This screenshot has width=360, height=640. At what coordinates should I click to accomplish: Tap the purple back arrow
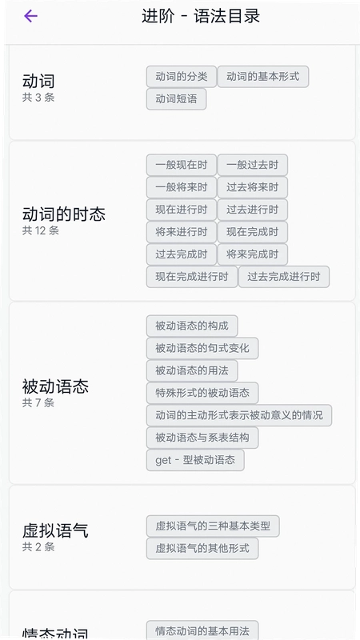[x=30, y=16]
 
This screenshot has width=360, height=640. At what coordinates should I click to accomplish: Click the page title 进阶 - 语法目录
[x=201, y=16]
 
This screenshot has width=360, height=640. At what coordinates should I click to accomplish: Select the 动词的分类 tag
[x=182, y=76]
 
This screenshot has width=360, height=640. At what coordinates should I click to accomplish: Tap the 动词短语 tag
[x=176, y=98]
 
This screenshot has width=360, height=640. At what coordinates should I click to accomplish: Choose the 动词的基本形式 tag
[x=263, y=76]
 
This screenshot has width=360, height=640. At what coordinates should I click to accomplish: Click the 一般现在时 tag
[x=182, y=165]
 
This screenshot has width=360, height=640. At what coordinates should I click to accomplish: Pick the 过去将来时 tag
[x=253, y=187]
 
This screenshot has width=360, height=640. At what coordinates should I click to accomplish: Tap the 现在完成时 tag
[x=253, y=232]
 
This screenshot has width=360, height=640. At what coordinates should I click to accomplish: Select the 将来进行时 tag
[x=182, y=232]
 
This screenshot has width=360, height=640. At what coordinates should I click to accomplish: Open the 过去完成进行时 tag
[x=284, y=277]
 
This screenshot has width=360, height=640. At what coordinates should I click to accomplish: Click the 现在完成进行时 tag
[x=192, y=277]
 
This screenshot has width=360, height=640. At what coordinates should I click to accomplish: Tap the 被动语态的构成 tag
[x=192, y=326]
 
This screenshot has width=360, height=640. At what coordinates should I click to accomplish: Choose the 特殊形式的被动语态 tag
[x=202, y=393]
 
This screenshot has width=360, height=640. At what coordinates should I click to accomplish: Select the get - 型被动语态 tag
[x=195, y=460]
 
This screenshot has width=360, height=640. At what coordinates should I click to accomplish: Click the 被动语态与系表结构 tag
[x=202, y=438]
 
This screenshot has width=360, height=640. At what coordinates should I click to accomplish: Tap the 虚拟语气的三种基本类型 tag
[x=213, y=526]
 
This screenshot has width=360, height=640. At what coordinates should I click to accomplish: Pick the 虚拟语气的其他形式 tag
[x=202, y=548]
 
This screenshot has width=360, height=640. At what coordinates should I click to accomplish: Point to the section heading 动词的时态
[x=64, y=214]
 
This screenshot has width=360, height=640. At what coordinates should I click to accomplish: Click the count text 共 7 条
[x=38, y=403]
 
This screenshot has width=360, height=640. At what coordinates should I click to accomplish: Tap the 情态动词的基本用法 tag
[x=202, y=630]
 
